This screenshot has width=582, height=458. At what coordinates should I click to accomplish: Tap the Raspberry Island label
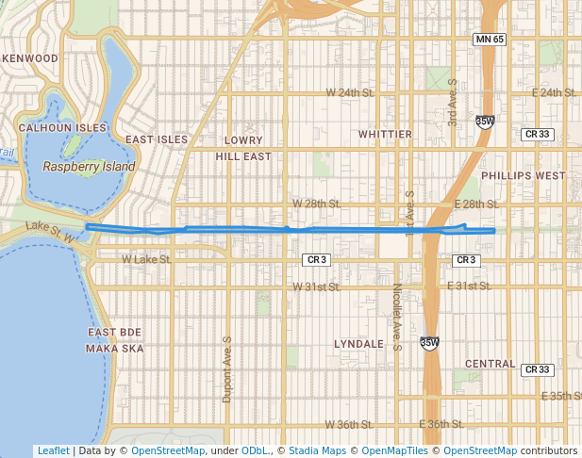89,167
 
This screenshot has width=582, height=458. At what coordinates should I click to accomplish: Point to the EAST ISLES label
157,139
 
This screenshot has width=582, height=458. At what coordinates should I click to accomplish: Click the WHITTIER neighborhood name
385,135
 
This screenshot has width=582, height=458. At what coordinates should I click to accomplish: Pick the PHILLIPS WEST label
523,175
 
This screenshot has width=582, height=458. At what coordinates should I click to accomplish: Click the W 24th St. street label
350,92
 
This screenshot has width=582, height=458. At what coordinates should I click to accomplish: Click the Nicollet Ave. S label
398,318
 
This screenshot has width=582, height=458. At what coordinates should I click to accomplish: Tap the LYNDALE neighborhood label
358,344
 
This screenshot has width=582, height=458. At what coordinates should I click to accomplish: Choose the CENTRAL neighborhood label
491,364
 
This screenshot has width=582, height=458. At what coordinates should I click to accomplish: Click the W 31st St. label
317,286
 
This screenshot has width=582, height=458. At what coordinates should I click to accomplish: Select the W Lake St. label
146,258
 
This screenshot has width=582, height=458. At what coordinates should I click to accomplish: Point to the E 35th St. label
557,396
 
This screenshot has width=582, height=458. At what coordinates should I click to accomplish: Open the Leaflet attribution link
54,450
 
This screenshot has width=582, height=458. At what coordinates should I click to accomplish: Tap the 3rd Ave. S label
453,103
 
